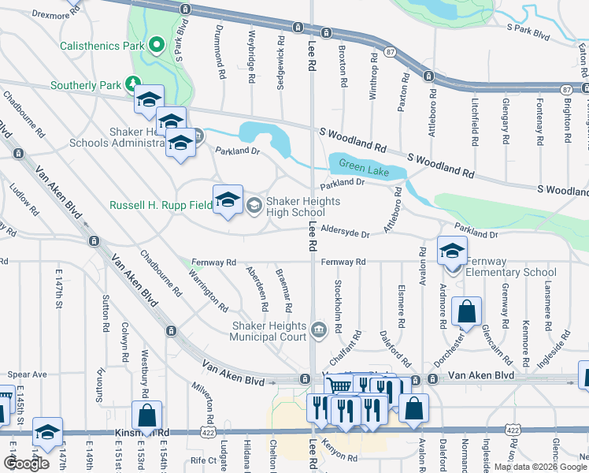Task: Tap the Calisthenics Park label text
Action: coord(101,46)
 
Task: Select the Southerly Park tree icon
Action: coord(134,84)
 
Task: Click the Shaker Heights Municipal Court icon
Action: coord(318,328)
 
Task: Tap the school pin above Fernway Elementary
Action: coord(452,251)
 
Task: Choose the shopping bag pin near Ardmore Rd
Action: coord(466,312)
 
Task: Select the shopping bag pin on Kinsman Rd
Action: coord(146,415)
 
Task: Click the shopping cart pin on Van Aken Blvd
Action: coord(339,385)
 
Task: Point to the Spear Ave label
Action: coord(28,374)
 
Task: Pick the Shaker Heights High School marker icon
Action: coord(254,207)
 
